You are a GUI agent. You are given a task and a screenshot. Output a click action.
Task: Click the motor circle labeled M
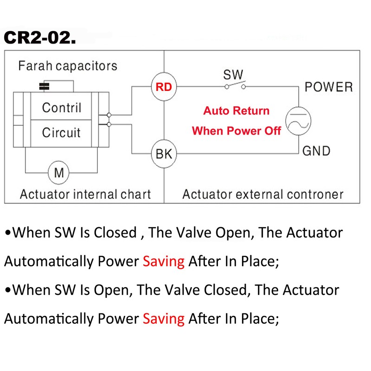point(59,173)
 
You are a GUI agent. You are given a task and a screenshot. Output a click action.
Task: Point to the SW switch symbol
point(236,86)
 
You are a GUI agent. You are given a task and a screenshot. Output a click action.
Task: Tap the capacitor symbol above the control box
point(45,86)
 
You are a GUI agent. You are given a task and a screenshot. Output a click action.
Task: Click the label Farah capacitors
point(68,65)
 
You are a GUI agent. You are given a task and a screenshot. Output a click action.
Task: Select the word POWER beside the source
point(328,87)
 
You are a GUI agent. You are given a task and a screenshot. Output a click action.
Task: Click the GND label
point(316,151)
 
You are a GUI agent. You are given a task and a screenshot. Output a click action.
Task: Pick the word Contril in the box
point(62,108)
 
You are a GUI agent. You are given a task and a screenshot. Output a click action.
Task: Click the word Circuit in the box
point(61,133)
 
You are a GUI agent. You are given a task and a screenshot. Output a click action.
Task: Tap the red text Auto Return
point(236,111)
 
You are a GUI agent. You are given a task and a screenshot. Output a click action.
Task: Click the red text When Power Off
point(236,131)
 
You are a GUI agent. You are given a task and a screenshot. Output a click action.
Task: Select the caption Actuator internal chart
point(85,194)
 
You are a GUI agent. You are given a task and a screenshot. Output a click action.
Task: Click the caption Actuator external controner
point(263,194)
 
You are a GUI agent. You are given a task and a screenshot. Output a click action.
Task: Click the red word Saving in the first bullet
point(164,261)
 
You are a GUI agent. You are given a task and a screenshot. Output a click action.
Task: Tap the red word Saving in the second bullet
point(164,319)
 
